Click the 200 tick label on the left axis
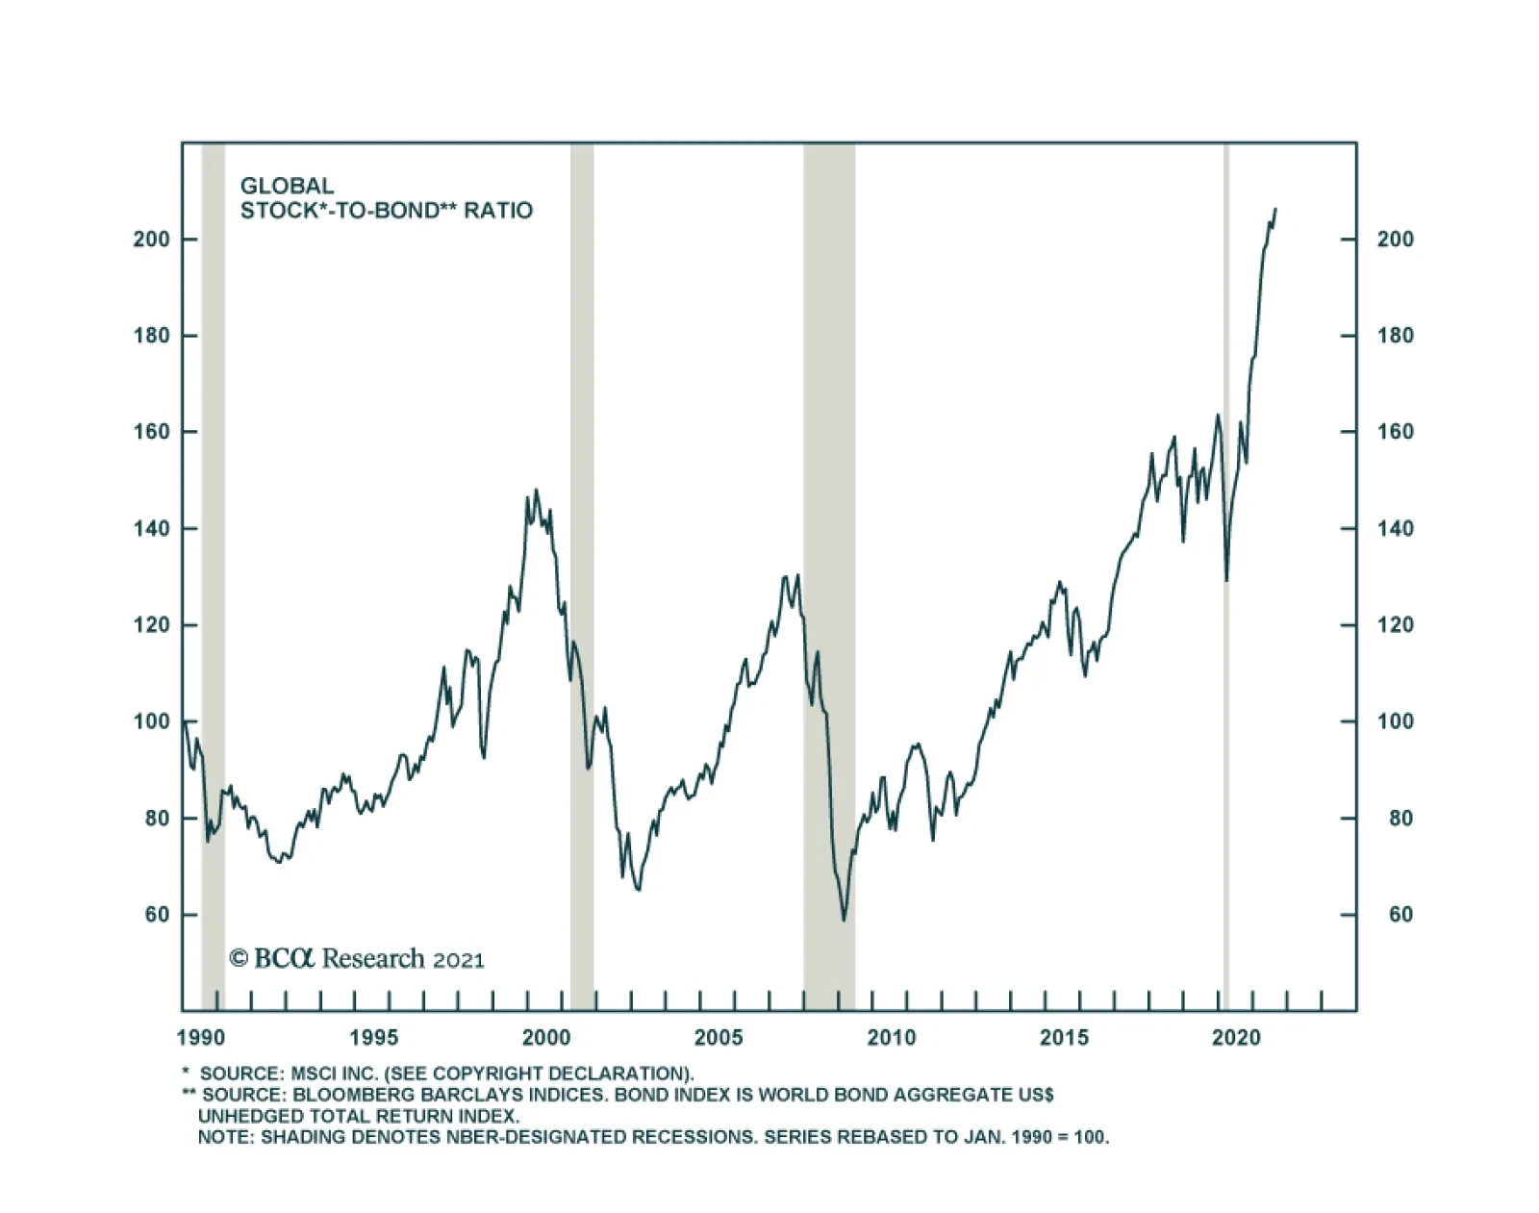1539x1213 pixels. pyautogui.click(x=151, y=239)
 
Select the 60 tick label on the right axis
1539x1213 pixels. pyautogui.click(x=1400, y=915)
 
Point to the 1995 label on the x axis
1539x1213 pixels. pyautogui.click(x=373, y=1038)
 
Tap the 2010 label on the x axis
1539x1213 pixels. pyautogui.click(x=892, y=1038)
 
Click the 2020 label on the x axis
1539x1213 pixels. pyautogui.click(x=1236, y=1038)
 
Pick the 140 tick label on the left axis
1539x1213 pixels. pyautogui.click(x=151, y=528)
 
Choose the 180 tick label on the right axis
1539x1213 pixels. pyautogui.click(x=1395, y=336)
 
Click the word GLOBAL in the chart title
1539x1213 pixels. pyautogui.click(x=287, y=186)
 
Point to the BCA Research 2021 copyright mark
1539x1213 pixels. pyautogui.click(x=356, y=959)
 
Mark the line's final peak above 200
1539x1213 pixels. pyautogui.click(x=1274, y=209)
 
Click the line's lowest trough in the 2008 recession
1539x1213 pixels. pyautogui.click(x=844, y=921)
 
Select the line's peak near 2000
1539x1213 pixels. pyautogui.click(x=536, y=491)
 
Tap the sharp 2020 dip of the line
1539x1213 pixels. pyautogui.click(x=1226, y=580)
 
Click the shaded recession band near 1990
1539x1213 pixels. pyautogui.click(x=213, y=577)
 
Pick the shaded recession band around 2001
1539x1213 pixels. pyautogui.click(x=582, y=577)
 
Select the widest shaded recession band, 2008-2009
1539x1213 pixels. pyautogui.click(x=829, y=577)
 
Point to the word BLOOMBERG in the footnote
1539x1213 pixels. pyautogui.click(x=341, y=1095)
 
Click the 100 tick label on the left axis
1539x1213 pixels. pyautogui.click(x=151, y=721)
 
